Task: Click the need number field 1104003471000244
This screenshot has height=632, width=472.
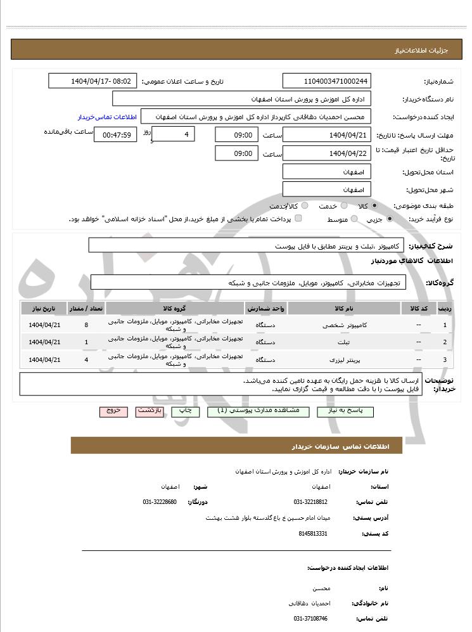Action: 327,81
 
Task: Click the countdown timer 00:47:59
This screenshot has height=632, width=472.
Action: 115,135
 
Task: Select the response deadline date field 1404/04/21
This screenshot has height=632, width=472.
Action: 327,135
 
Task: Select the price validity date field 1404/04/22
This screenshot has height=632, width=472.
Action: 327,153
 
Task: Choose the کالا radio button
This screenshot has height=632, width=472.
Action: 375,206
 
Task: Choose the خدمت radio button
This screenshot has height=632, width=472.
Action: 344,206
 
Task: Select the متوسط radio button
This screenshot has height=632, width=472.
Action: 354,219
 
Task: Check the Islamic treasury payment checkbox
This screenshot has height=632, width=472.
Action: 299,219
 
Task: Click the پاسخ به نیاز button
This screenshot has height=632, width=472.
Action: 360,411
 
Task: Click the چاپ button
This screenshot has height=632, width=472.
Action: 186,411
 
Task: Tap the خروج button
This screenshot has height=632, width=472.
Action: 113,411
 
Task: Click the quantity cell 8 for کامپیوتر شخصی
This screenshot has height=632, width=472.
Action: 86,325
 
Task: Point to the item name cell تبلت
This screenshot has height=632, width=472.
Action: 345,342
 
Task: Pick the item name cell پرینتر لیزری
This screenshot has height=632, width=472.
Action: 345,359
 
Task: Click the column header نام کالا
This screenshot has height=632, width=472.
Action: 345,308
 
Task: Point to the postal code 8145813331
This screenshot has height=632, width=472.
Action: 312,534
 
